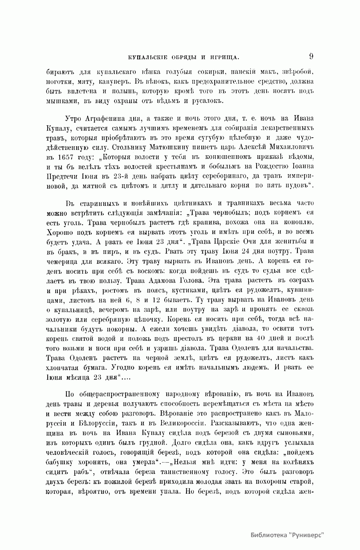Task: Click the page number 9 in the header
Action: [311, 56]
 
